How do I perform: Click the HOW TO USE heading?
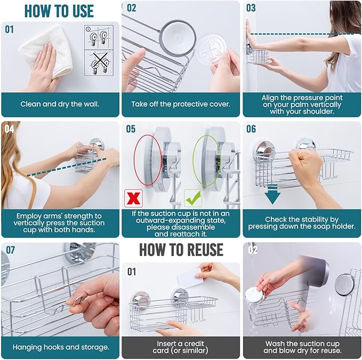[59, 11]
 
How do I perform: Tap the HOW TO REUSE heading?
[181, 250]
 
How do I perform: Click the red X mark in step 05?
[133, 198]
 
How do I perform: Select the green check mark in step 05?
[193, 198]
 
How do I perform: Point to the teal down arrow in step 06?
[272, 195]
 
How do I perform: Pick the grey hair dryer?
[316, 270]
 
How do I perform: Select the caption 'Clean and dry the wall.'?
[60, 104]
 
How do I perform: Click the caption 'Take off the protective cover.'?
[181, 104]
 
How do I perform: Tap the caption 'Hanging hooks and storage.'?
[60, 347]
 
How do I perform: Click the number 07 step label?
[10, 250]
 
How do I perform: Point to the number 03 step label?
[251, 8]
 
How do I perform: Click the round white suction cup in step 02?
[178, 38]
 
